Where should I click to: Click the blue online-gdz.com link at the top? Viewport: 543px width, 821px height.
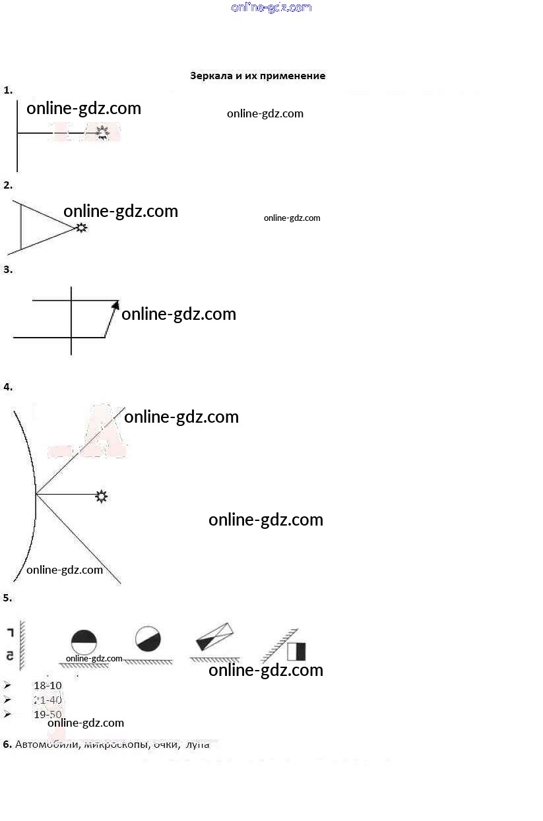click(x=271, y=7)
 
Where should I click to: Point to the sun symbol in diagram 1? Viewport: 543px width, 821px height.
click(x=102, y=133)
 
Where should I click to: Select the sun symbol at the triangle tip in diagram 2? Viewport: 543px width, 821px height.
click(x=81, y=228)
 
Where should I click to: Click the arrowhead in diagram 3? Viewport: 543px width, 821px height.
click(x=116, y=304)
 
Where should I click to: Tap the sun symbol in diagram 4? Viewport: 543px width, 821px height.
click(x=101, y=496)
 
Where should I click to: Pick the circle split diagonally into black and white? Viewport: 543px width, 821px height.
click(x=148, y=638)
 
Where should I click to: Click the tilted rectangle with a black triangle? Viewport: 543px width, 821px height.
click(x=215, y=636)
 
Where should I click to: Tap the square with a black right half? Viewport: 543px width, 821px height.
click(x=296, y=652)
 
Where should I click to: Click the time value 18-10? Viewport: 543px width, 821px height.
click(x=48, y=686)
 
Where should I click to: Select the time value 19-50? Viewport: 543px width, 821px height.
click(x=48, y=715)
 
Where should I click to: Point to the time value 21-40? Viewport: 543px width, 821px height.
click(x=48, y=700)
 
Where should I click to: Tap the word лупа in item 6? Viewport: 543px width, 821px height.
click(x=197, y=745)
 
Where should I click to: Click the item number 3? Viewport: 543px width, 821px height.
click(x=8, y=269)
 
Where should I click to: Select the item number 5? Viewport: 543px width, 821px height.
click(x=7, y=598)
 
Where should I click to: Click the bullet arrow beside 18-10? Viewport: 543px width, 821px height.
click(x=7, y=686)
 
